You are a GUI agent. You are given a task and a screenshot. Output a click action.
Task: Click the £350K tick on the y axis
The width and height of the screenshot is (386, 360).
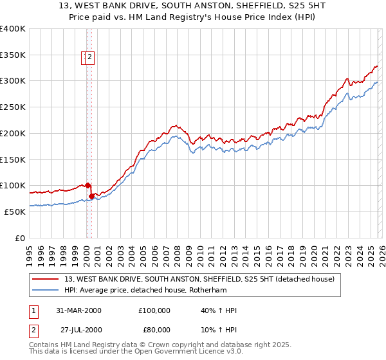[x=13, y=55]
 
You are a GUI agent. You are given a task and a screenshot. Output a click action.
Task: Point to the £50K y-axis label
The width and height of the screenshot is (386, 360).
[x=15, y=212]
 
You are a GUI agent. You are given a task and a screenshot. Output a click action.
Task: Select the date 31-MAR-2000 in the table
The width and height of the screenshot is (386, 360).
[x=78, y=310]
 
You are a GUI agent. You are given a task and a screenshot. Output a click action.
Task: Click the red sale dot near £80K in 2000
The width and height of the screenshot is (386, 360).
[x=91, y=195]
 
